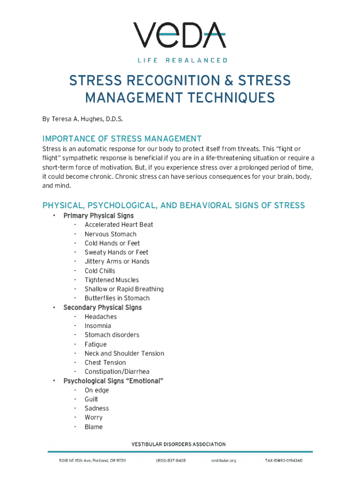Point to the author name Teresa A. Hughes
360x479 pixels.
[x=75, y=119]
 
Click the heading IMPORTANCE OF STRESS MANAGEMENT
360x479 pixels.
[x=122, y=139]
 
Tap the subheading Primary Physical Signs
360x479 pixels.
[x=98, y=216]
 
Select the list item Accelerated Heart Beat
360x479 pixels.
[x=119, y=225]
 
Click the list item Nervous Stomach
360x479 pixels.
[x=110, y=234]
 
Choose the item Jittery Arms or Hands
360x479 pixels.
[x=117, y=261]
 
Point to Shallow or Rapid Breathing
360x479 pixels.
[x=124, y=289]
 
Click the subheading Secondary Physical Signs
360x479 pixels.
[x=102, y=307]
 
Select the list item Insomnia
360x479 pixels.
[x=98, y=326]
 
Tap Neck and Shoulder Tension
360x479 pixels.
[x=124, y=353]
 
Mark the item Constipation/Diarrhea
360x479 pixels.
[x=117, y=371]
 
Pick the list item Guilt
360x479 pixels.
[x=91, y=399]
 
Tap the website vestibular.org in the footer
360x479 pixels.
[x=223, y=461]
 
